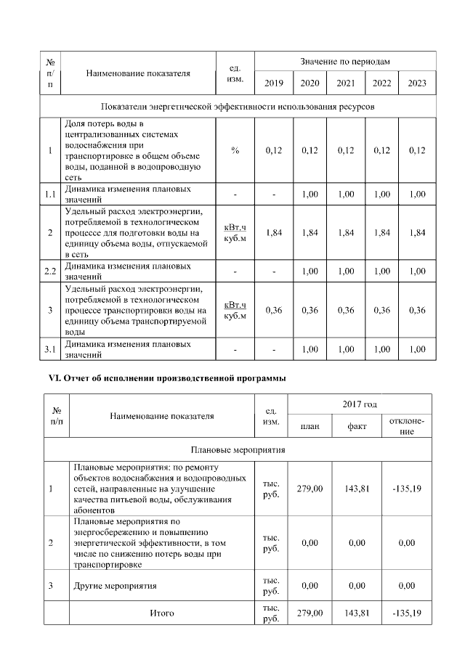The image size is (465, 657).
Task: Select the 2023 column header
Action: pyautogui.click(x=417, y=83)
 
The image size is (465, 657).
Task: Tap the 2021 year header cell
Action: pyautogui.click(x=346, y=83)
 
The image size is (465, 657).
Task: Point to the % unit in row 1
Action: pyautogui.click(x=235, y=150)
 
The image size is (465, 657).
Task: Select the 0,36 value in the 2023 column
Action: pyautogui.click(x=417, y=310)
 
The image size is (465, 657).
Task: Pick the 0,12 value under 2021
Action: pyautogui.click(x=346, y=150)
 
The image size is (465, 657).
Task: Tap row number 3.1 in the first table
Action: pyautogui.click(x=50, y=349)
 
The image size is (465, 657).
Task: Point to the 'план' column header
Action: pyautogui.click(x=310, y=427)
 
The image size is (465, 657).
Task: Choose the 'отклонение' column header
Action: pyautogui.click(x=407, y=427)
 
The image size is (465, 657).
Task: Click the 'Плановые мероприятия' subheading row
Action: pyautogui.click(x=238, y=449)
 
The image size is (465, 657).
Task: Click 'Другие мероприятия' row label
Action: pyautogui.click(x=116, y=584)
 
